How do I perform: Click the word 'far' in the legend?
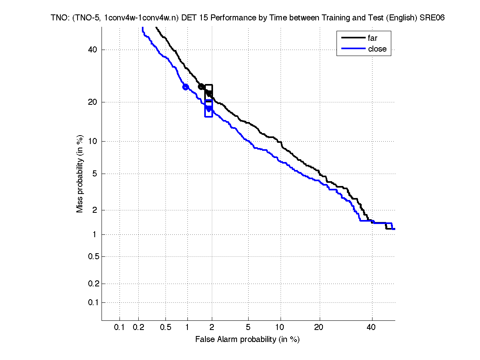click(x=372, y=38)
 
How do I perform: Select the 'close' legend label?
click(x=377, y=49)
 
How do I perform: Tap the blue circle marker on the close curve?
click(x=185, y=87)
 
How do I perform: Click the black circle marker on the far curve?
click(x=201, y=86)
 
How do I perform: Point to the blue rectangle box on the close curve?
click(x=209, y=108)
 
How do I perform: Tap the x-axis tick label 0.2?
click(x=139, y=328)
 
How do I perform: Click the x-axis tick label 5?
click(x=248, y=328)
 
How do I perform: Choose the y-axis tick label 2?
click(x=95, y=210)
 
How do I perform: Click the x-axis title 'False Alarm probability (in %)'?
click(x=247, y=340)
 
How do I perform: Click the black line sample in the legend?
click(x=353, y=38)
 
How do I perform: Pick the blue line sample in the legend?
click(x=353, y=49)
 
